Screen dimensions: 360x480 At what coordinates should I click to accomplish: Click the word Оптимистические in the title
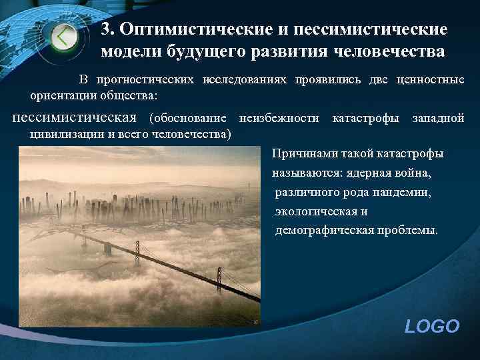tap(193, 31)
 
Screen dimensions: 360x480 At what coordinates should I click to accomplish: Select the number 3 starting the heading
tap(105, 31)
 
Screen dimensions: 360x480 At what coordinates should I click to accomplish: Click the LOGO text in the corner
tap(432, 326)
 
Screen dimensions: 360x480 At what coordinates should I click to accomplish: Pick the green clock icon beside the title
tap(65, 36)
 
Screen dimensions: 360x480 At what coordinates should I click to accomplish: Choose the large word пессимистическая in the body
tap(74, 118)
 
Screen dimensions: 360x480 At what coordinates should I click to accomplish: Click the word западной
tap(438, 119)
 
